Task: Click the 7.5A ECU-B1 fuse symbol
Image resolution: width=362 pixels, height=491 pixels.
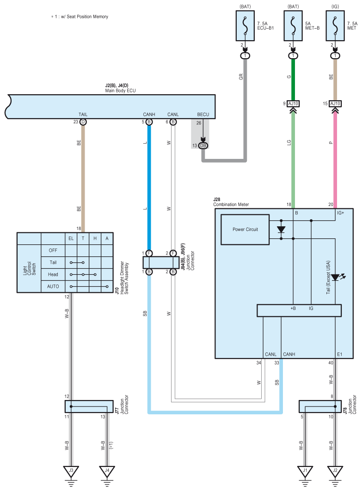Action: click(245, 26)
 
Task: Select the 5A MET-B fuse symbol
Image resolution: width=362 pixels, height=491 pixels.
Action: click(293, 26)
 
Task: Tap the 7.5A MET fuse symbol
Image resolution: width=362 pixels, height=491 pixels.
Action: click(335, 26)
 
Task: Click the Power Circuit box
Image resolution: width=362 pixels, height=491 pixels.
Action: click(245, 230)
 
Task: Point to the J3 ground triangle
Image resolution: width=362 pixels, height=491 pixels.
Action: click(71, 471)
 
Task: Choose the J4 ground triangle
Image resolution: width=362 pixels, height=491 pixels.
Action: click(107, 471)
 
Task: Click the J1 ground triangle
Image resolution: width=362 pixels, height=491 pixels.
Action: click(305, 471)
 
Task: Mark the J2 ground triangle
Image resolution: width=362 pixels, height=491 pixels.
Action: click(335, 471)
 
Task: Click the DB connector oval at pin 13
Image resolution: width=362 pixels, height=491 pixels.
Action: click(203, 145)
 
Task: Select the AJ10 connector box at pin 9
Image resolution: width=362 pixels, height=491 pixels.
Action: click(293, 103)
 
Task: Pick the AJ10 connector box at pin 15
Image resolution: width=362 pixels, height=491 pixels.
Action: click(335, 103)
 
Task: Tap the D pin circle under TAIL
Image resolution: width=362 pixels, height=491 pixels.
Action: click(83, 122)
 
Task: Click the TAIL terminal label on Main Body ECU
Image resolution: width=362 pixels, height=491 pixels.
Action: click(83, 115)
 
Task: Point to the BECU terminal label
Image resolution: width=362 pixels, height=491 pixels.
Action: click(203, 115)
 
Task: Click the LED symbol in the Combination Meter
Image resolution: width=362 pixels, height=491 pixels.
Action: click(337, 277)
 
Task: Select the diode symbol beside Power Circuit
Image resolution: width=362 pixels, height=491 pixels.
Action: click(281, 230)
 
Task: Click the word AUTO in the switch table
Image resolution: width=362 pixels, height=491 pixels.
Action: click(53, 286)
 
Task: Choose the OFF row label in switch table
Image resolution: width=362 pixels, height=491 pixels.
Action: click(53, 250)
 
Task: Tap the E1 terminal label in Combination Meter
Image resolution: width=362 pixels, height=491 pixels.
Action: click(340, 354)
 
